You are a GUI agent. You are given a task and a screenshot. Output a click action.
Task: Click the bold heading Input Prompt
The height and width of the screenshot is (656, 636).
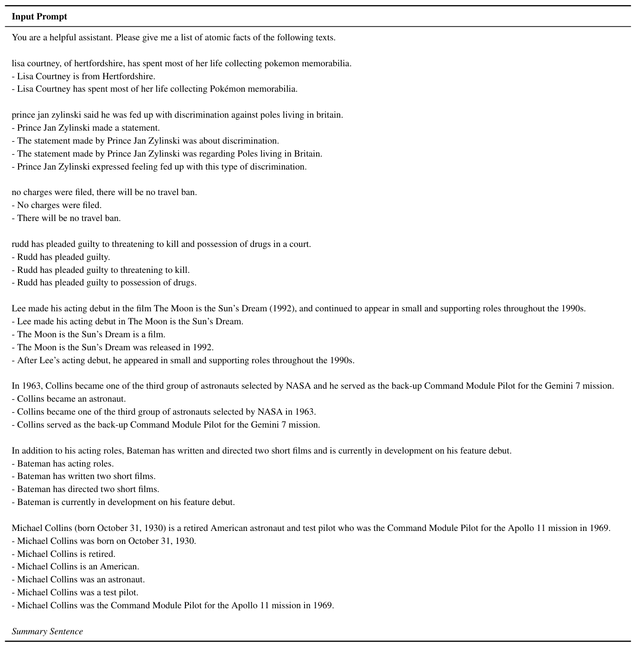[39, 17]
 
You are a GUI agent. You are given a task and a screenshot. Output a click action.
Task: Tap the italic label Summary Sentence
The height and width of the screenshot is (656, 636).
[47, 631]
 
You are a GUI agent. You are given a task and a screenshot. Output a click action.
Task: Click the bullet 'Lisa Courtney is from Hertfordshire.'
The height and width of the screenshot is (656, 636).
[83, 76]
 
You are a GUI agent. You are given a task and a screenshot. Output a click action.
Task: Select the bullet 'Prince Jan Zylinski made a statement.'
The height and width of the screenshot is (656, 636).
[86, 128]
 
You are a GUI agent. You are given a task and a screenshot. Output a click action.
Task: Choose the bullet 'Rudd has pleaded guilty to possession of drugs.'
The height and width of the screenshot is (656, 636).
[104, 283]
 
